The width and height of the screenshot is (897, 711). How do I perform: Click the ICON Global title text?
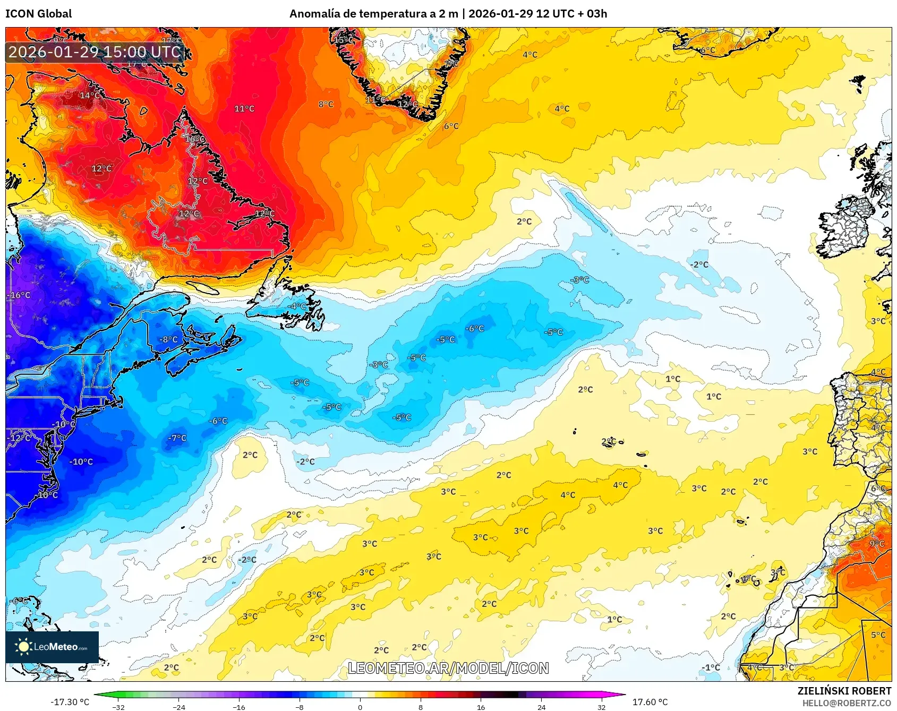(38, 14)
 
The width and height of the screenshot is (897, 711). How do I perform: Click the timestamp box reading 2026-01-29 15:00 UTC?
(95, 52)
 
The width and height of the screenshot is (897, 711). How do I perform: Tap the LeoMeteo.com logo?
(52, 647)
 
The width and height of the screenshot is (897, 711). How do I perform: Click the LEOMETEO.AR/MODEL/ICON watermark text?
(448, 668)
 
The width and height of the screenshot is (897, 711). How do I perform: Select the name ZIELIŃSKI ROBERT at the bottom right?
(844, 691)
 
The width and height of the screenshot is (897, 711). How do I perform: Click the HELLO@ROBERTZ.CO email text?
(846, 703)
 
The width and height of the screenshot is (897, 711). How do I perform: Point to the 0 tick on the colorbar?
(360, 707)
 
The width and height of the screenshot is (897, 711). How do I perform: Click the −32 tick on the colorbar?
(118, 707)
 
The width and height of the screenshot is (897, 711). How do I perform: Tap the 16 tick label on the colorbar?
(481, 707)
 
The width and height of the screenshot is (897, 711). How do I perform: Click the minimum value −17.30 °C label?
(70, 702)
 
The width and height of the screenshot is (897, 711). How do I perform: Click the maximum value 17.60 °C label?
(650, 702)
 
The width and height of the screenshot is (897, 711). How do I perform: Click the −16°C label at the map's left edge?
(20, 295)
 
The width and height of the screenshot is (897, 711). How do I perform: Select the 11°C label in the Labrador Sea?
(244, 109)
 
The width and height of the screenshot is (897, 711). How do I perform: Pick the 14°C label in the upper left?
(89, 96)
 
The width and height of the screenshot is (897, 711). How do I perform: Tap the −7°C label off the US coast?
(177, 438)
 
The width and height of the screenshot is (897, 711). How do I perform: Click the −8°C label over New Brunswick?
(168, 340)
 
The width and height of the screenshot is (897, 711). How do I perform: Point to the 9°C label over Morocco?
(877, 544)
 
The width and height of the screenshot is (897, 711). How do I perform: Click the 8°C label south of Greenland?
(326, 105)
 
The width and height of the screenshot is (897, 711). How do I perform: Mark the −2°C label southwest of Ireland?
(699, 264)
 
